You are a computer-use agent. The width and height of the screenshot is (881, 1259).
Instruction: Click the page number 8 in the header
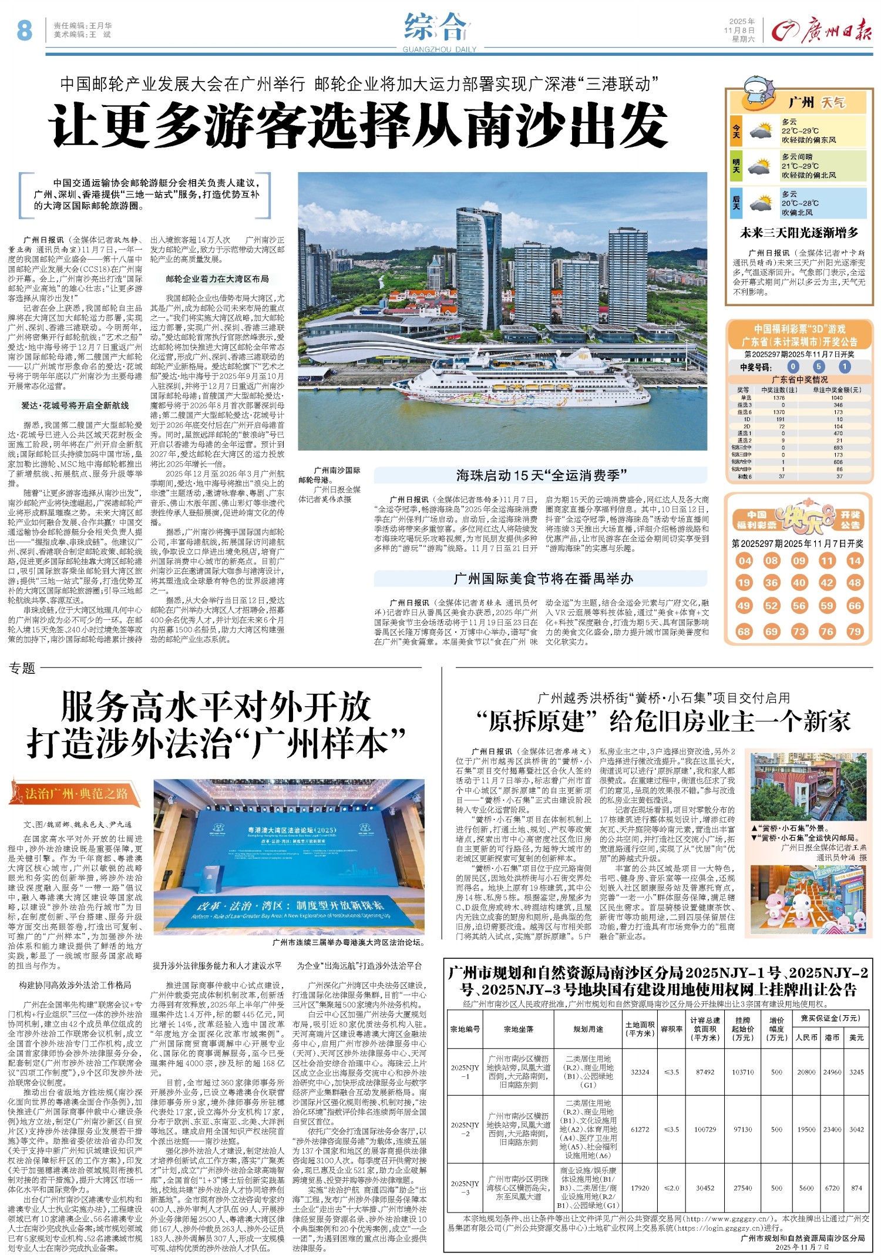(x=24, y=30)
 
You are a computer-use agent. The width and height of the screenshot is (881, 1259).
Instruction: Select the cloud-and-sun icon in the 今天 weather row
(x=761, y=130)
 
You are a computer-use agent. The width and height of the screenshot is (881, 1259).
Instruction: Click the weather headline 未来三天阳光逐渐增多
(x=799, y=233)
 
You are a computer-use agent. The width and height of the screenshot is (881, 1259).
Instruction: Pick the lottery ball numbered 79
(x=855, y=632)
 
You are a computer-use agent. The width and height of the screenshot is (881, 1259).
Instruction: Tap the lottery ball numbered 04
(x=745, y=560)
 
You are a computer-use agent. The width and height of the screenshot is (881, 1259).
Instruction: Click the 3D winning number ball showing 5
(x=819, y=367)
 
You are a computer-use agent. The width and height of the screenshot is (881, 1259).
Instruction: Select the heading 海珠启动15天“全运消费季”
(x=542, y=475)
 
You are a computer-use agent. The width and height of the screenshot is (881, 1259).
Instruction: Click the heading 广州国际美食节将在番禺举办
(x=543, y=579)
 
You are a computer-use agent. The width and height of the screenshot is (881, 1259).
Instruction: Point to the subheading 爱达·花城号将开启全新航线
(x=75, y=405)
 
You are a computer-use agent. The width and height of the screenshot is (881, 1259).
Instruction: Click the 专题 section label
(x=23, y=668)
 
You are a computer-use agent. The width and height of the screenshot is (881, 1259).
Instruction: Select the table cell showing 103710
(x=742, y=1072)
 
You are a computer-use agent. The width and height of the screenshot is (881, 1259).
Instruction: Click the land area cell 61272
(x=640, y=1129)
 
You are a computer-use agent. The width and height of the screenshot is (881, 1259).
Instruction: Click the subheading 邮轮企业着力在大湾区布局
(x=217, y=279)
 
